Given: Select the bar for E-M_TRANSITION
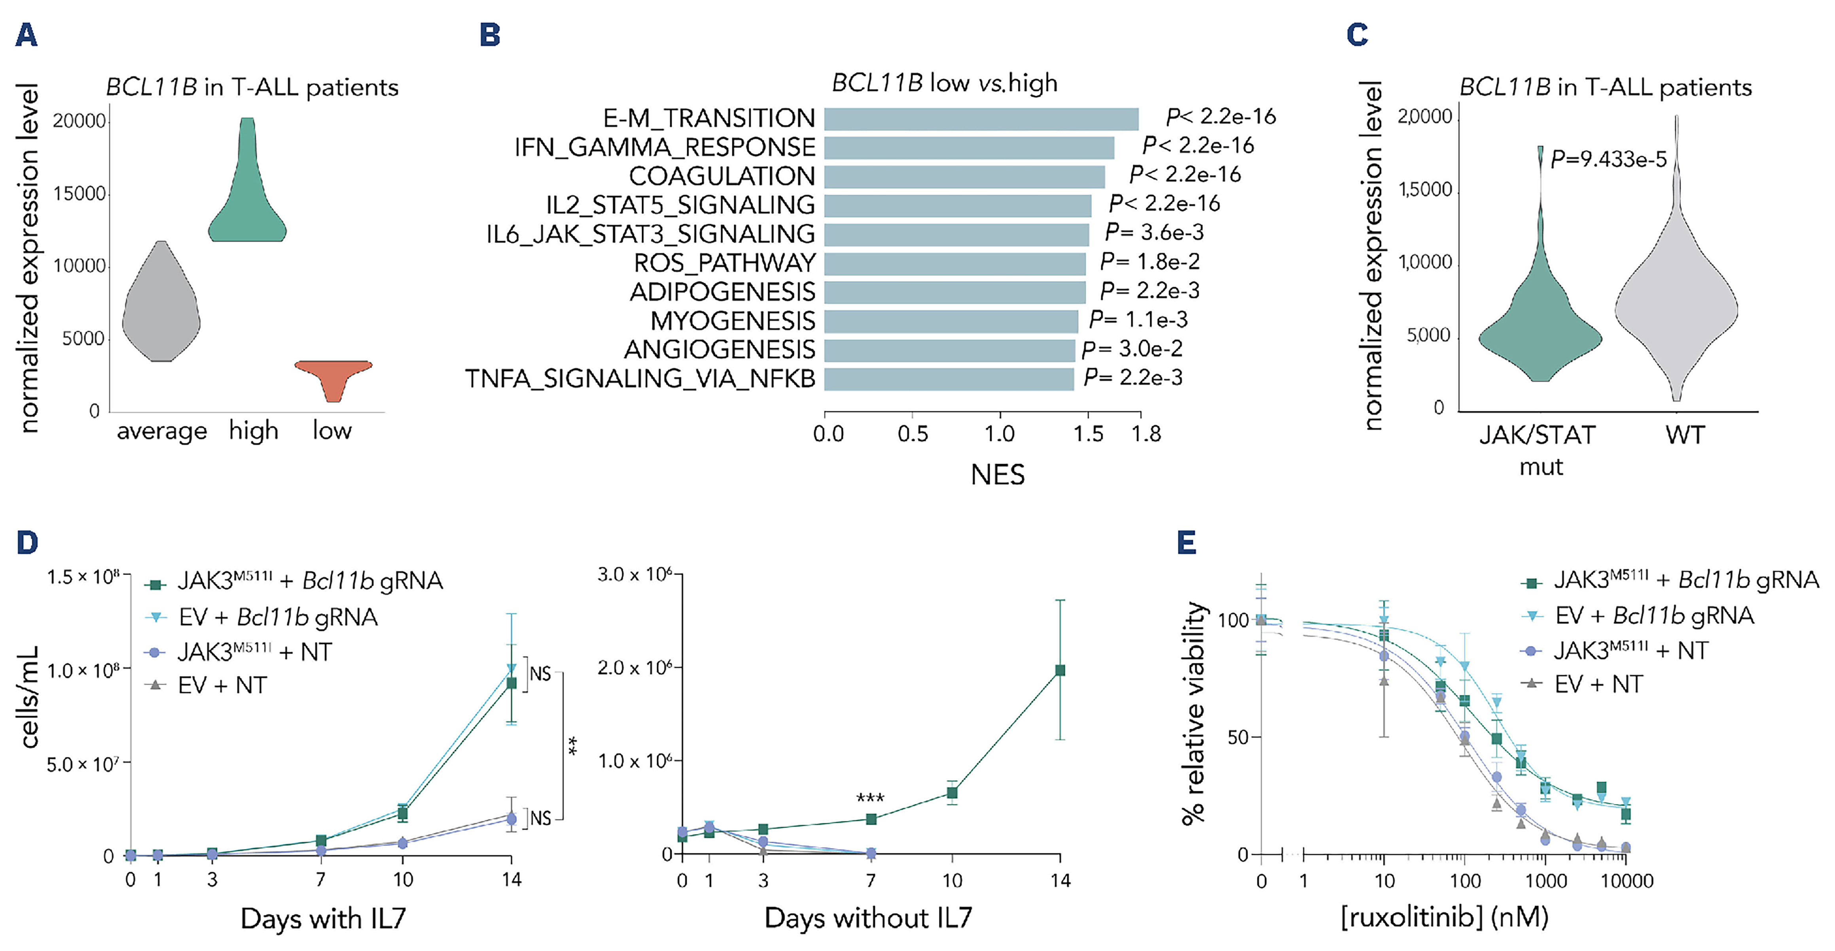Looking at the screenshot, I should point(981,119).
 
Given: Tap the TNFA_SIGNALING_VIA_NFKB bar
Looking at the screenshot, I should point(949,379).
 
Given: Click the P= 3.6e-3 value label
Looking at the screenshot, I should point(1154,232).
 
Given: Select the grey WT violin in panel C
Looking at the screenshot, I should point(1676,299).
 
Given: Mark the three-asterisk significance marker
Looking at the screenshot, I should point(870,798).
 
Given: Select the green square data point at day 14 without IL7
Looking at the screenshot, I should point(1060,670).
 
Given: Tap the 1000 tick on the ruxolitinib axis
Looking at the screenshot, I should point(1545,881).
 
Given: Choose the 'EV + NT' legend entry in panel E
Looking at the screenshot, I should point(1598,684).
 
